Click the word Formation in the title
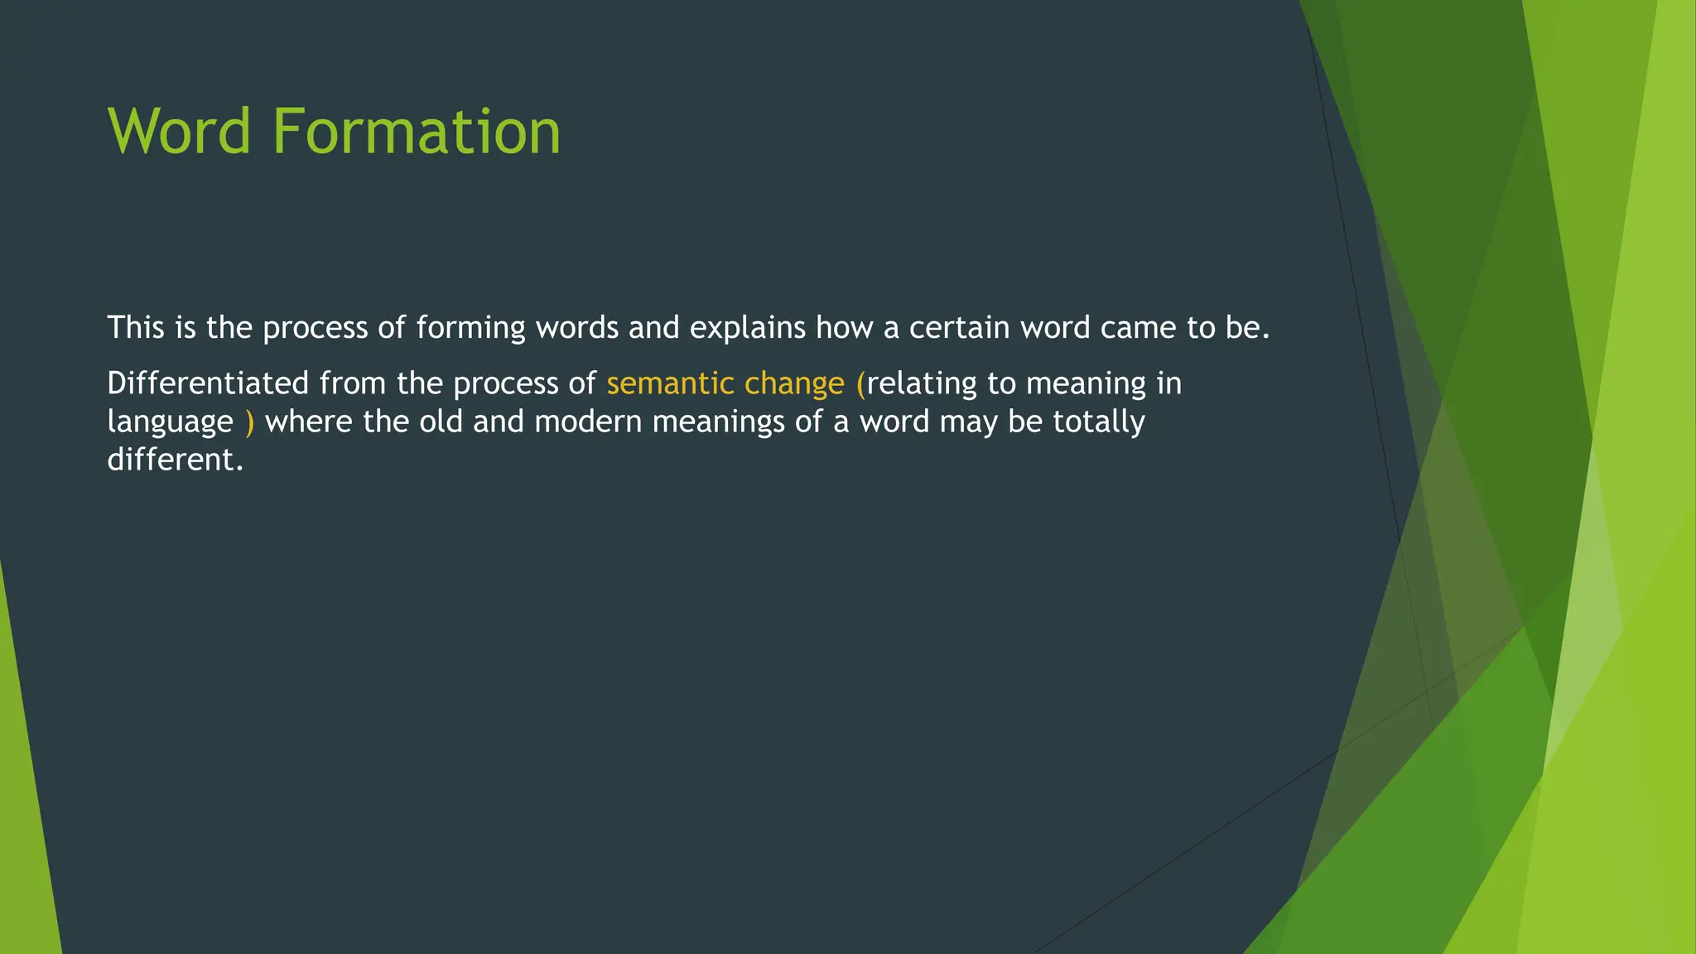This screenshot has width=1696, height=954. pos(416,132)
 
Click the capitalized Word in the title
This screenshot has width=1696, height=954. pos(179,132)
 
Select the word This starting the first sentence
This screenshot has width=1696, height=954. pos(136,328)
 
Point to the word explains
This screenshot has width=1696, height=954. pos(747,329)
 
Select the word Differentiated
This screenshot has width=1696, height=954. pos(208,383)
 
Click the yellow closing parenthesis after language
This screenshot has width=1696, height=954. pos(249,422)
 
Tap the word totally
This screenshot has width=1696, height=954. pos(1098,422)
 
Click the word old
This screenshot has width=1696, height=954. pos(441,422)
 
